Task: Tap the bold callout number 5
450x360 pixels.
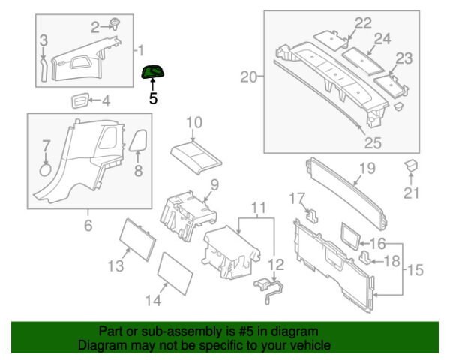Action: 154,97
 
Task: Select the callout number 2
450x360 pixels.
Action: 95,28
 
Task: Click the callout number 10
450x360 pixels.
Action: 194,121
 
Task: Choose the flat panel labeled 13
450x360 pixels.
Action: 137,237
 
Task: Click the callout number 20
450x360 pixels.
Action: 248,76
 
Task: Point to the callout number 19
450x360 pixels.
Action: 366,169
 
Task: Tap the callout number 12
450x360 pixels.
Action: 277,263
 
